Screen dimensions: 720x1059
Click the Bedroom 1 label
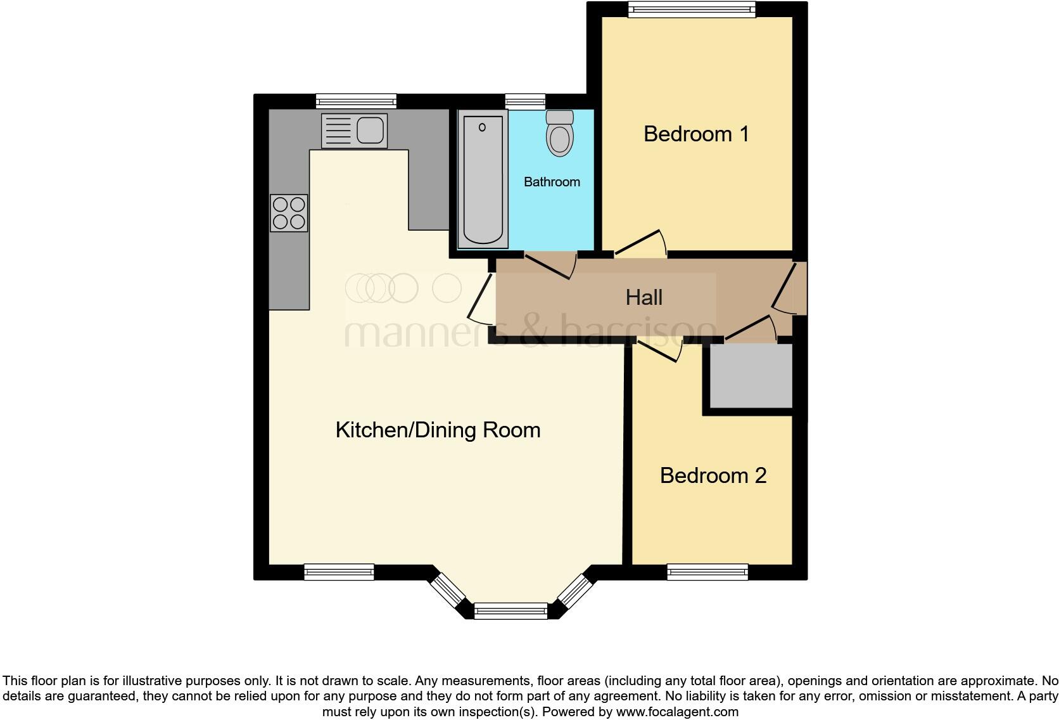[696, 134]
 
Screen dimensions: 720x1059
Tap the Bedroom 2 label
[713, 475]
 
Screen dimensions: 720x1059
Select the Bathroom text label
[552, 182]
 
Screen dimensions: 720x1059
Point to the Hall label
[644, 297]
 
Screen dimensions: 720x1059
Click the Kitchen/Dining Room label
[438, 430]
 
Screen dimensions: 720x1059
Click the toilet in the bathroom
[559, 135]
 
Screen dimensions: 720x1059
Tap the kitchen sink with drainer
[354, 131]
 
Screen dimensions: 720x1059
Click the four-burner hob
[289, 213]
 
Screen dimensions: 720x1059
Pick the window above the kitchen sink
[356, 101]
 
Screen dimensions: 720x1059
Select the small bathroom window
[525, 100]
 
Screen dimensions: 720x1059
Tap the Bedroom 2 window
[707, 573]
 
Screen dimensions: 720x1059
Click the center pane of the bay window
[510, 611]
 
